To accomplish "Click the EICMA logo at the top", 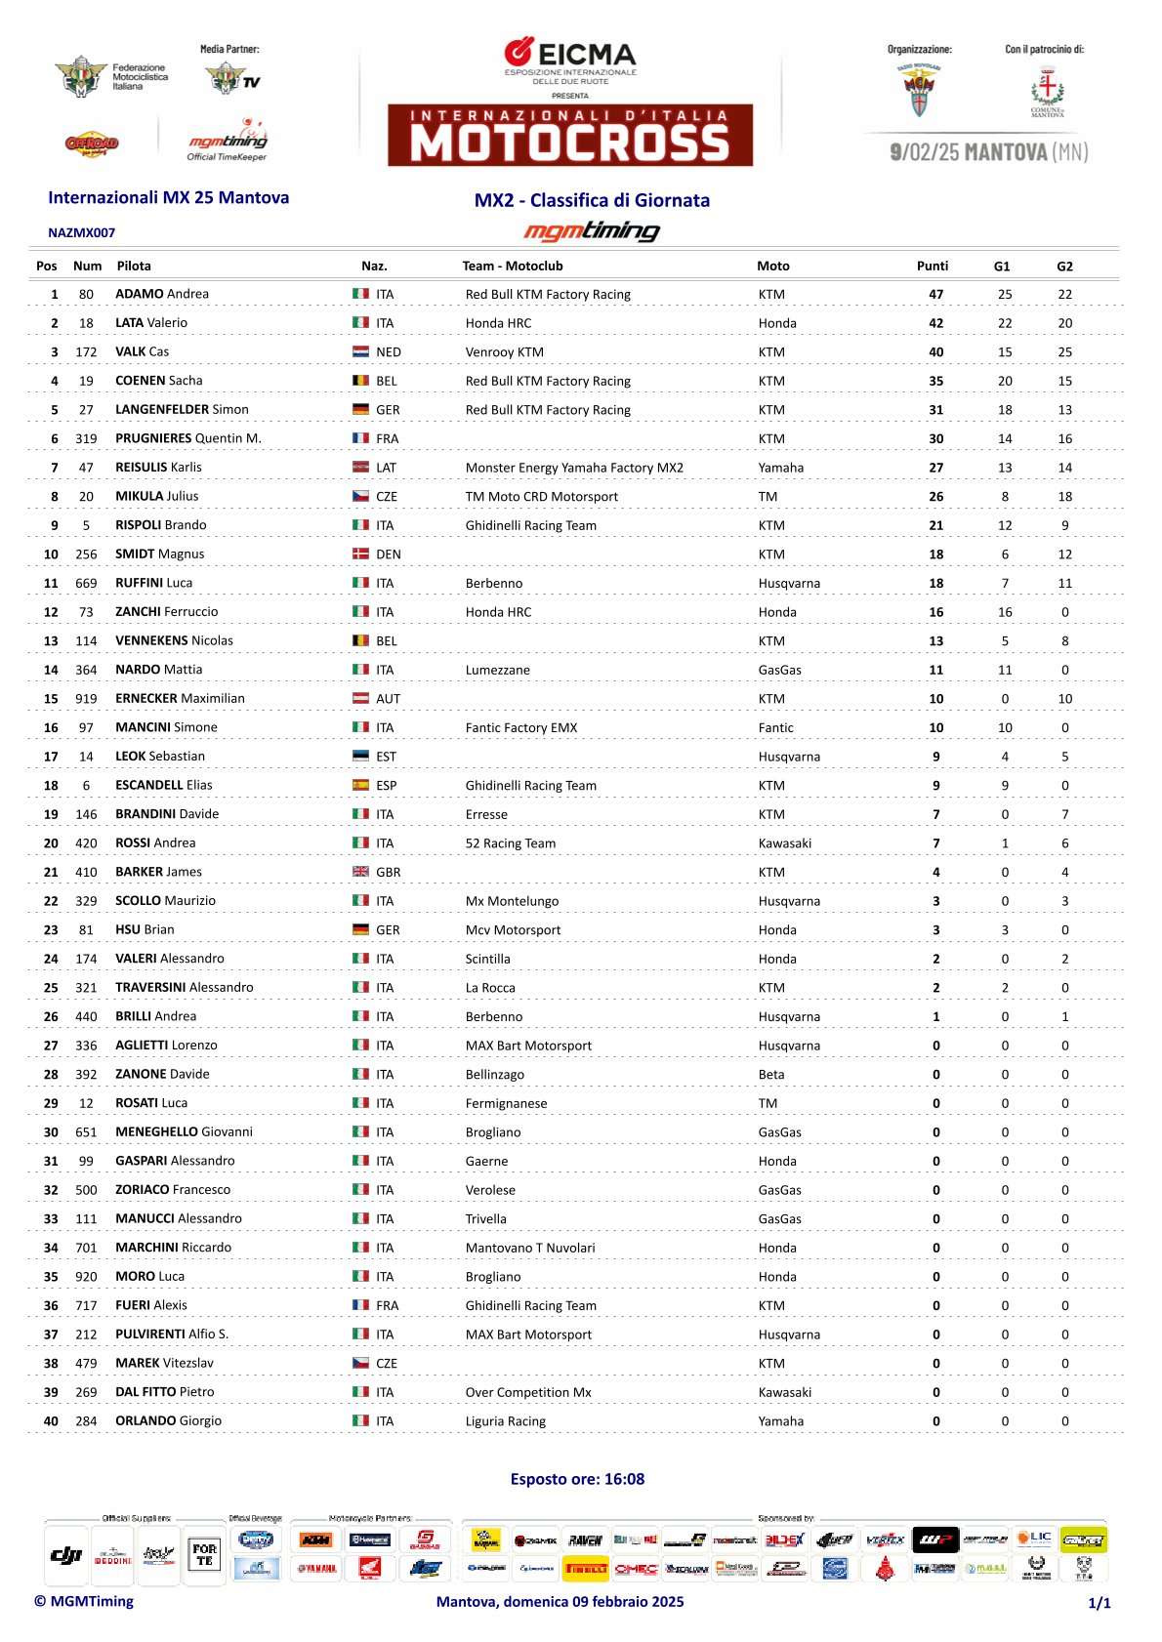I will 570,55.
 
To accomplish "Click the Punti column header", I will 933,266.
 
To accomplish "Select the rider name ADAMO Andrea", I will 162,294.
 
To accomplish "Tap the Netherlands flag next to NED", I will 360,351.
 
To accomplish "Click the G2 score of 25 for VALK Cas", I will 1064,351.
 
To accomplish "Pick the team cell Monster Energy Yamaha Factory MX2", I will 574,468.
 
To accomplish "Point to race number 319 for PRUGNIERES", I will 86,438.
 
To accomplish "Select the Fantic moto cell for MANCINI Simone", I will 776,727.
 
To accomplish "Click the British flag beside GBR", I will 360,872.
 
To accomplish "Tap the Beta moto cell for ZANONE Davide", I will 771,1074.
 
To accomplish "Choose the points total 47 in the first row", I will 935,294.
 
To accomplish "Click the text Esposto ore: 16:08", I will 577,1479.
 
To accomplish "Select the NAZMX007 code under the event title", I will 82,232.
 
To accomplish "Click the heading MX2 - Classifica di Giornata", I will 592,200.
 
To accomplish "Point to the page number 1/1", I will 1100,1602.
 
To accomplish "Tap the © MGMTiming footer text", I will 84,1601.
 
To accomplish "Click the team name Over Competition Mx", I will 528,1392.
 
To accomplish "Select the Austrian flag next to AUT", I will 360,698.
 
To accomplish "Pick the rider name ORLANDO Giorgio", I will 168,1420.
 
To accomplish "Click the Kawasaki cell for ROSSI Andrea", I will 785,842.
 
